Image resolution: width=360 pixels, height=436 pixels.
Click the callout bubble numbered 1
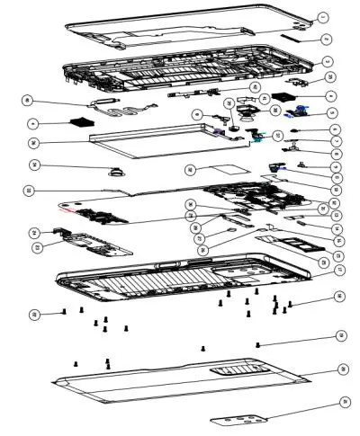click(x=324, y=17)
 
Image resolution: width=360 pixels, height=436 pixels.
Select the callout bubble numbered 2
click(x=328, y=40)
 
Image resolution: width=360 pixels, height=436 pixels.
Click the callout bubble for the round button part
click(x=34, y=165)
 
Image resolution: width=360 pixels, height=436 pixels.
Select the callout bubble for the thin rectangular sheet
click(x=190, y=170)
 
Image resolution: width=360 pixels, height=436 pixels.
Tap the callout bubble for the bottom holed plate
click(x=343, y=402)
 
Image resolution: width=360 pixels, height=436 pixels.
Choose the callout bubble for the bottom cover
click(x=343, y=369)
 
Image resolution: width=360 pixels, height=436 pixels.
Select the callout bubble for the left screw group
click(x=34, y=314)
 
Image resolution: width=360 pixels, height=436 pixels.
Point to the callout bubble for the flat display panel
click(x=34, y=142)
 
